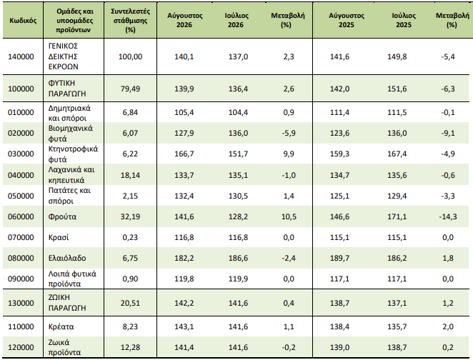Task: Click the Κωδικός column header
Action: (x=23, y=21)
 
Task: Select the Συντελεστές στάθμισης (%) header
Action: (x=130, y=21)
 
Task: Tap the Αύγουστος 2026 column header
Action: (x=184, y=20)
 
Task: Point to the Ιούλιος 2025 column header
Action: (x=404, y=20)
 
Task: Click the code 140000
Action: (x=21, y=56)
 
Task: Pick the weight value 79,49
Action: (x=130, y=89)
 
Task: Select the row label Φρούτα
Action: (x=62, y=216)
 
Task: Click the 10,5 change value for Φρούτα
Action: (x=289, y=216)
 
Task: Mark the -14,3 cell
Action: (x=448, y=216)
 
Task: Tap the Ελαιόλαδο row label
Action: (x=67, y=258)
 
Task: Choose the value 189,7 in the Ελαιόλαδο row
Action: (x=339, y=258)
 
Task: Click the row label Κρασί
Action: (x=59, y=238)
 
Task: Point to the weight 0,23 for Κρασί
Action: (x=130, y=238)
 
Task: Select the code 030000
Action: (x=21, y=154)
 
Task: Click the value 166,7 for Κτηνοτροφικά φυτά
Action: (x=184, y=154)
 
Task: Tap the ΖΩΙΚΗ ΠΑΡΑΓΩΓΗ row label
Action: (x=67, y=303)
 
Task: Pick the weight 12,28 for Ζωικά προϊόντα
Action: (x=130, y=347)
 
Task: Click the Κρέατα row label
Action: (x=61, y=327)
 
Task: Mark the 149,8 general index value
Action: (x=397, y=56)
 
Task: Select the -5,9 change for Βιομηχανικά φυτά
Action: (x=289, y=134)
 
